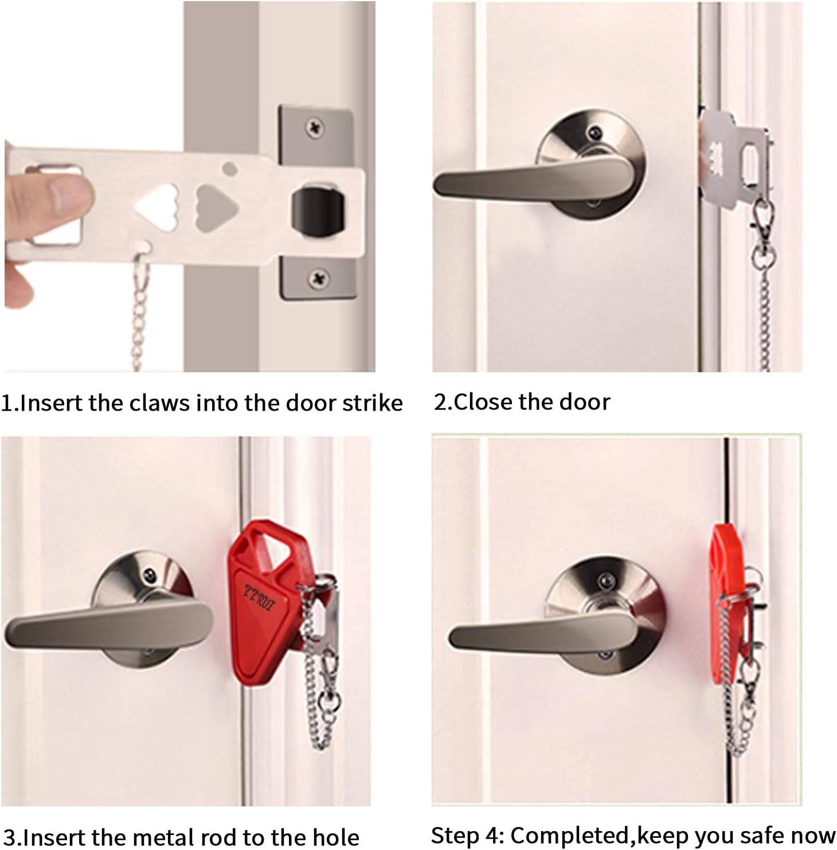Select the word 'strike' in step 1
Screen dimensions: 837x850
point(373,403)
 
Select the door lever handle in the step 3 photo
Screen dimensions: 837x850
point(109,621)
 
